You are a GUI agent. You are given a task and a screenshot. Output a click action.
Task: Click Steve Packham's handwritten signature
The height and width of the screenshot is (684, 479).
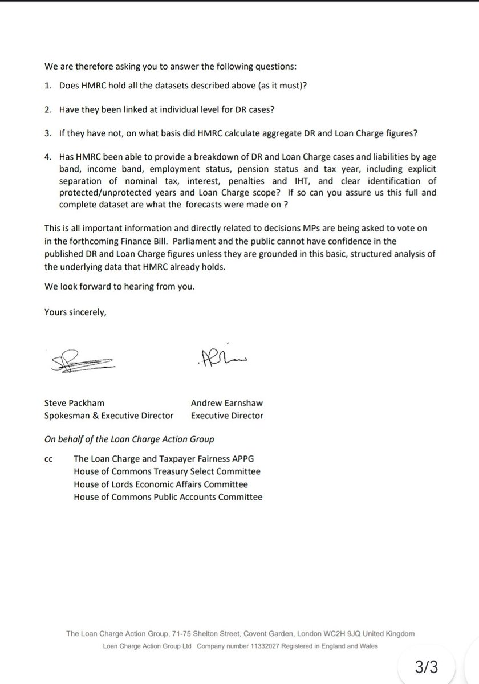(83, 360)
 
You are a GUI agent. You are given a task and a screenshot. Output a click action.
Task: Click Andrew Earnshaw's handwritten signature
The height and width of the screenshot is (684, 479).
(222, 357)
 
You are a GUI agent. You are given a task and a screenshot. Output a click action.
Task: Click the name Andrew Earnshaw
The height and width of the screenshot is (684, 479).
(226, 403)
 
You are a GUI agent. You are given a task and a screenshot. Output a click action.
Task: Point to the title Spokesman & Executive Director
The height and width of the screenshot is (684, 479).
(108, 416)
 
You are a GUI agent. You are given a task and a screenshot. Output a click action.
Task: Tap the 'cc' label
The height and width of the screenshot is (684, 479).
(48, 459)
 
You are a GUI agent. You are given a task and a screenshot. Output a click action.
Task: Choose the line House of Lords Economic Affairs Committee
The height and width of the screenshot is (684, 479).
(161, 484)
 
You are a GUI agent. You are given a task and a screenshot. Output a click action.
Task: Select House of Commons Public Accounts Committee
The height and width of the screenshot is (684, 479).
(168, 497)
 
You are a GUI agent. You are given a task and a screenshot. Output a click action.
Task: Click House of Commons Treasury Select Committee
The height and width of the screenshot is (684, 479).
(167, 472)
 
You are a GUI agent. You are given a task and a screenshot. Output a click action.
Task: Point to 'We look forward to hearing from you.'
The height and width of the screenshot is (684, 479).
(119, 287)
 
